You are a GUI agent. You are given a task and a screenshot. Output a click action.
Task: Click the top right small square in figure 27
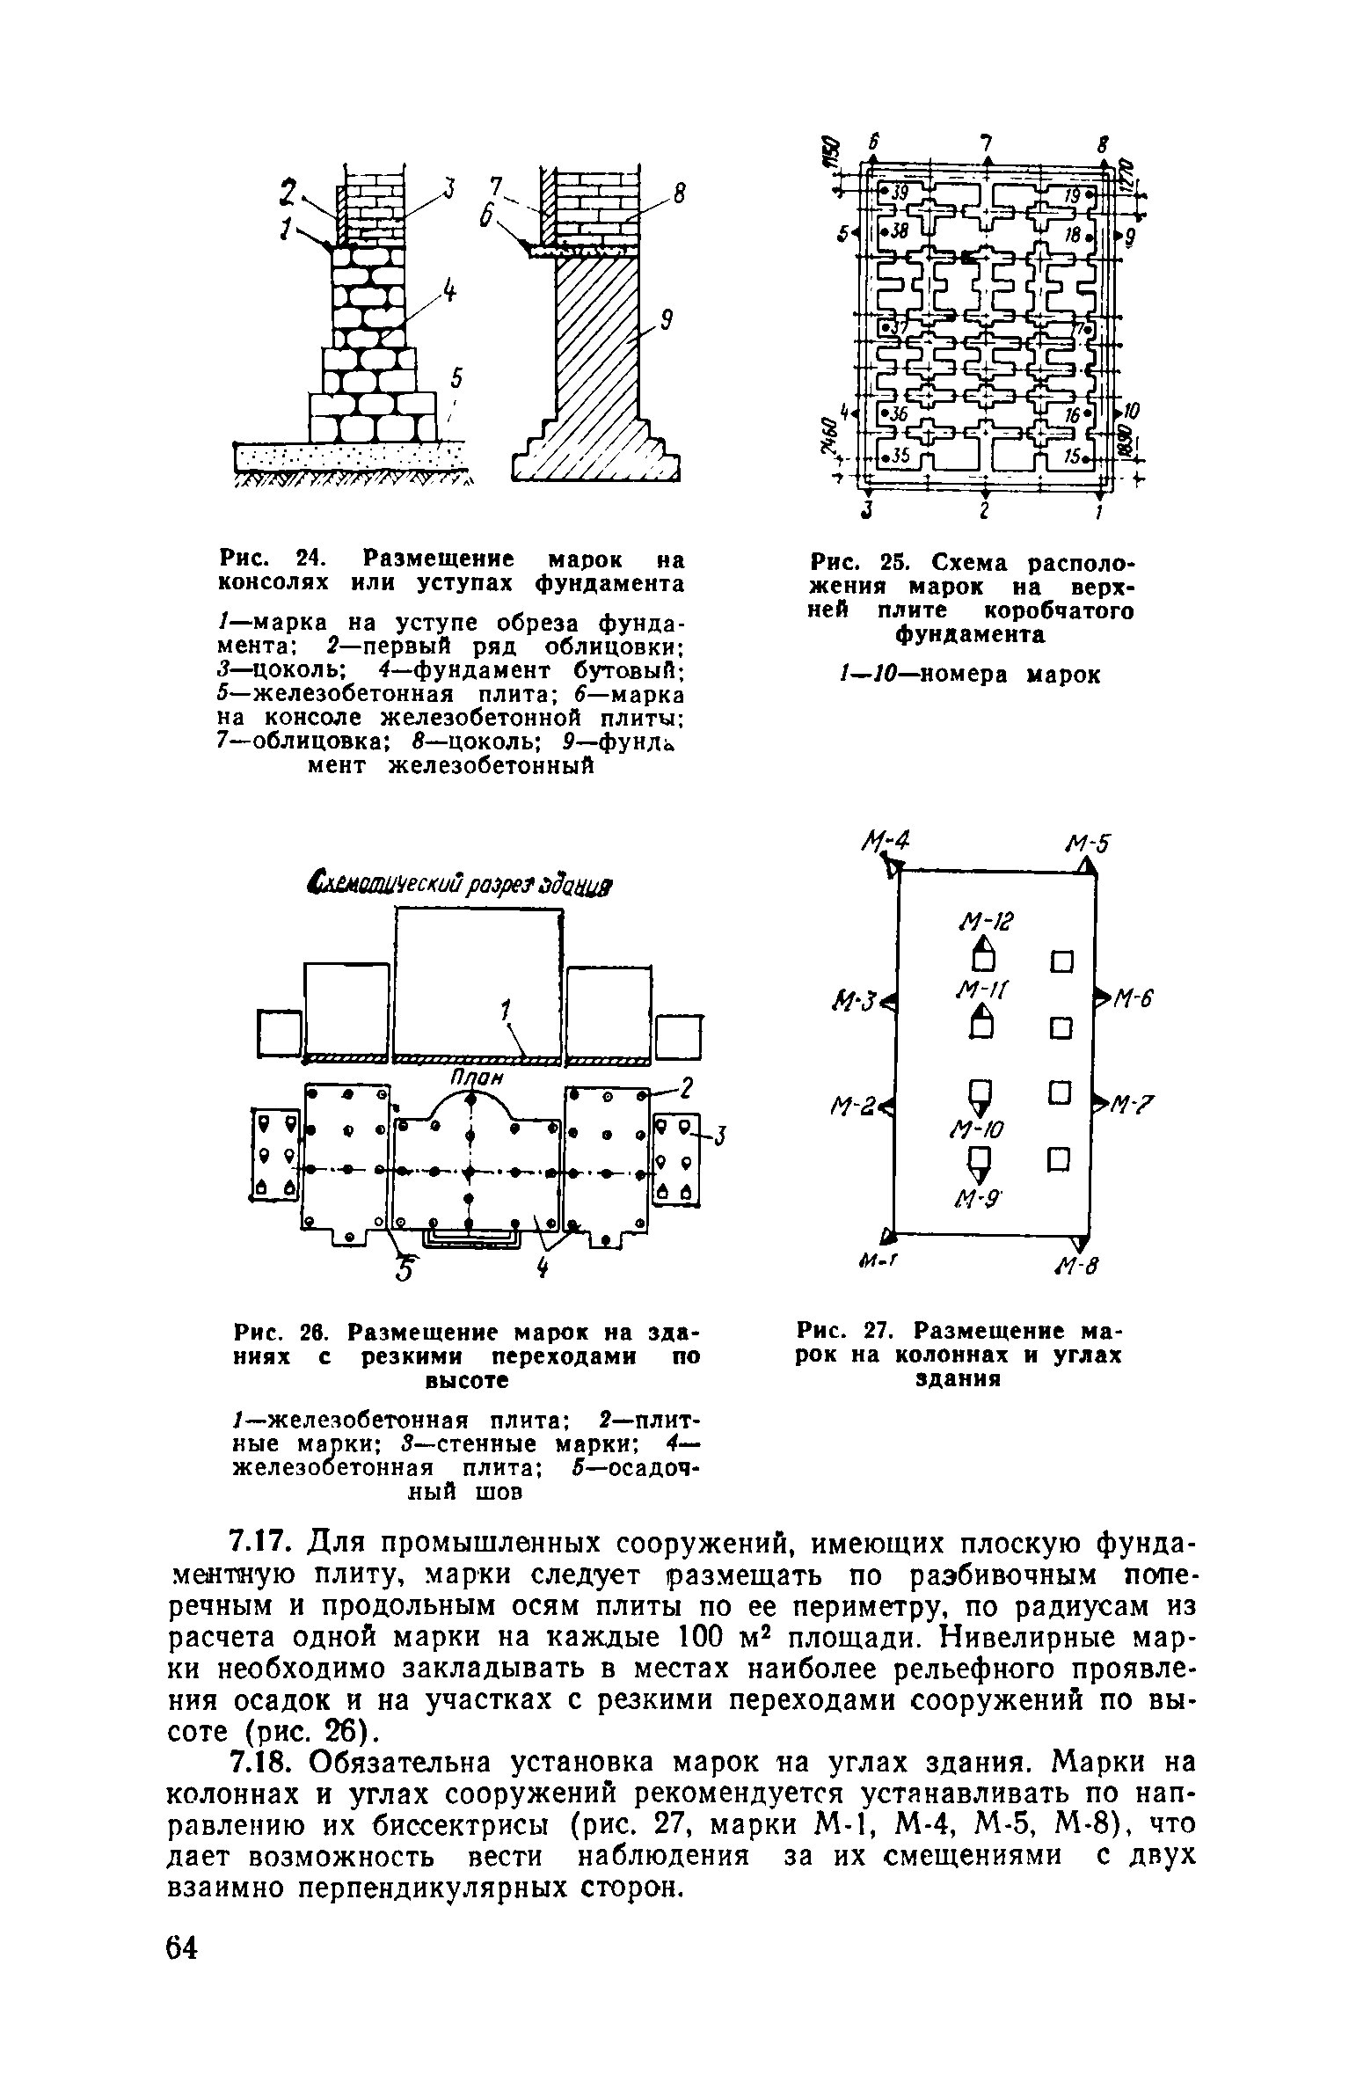pyautogui.click(x=1062, y=961)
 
